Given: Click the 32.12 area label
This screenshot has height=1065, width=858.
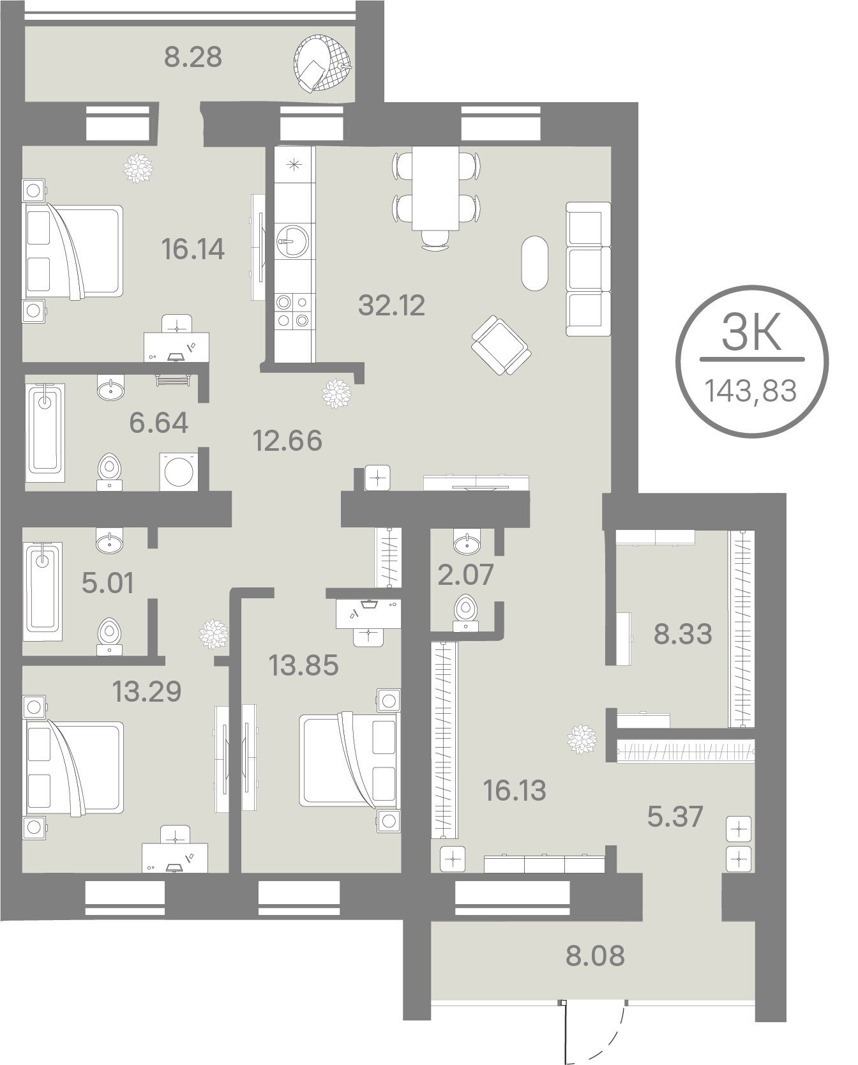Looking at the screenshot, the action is click(391, 305).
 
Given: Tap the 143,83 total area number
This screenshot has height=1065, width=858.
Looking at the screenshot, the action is click(751, 390).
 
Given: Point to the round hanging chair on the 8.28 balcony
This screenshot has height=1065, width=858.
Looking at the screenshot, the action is click(322, 63).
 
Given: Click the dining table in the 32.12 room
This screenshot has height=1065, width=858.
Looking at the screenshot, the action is click(435, 188).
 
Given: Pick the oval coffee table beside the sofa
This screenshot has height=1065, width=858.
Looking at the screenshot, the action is click(534, 263).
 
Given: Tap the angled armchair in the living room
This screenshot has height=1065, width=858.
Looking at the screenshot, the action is click(501, 345).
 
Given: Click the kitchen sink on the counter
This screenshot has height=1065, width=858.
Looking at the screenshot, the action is click(292, 239).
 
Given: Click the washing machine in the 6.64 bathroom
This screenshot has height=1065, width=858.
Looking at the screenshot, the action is click(179, 472).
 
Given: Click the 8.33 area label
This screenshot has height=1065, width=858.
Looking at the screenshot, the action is click(682, 635).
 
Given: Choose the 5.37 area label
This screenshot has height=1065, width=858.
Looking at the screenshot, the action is click(675, 816).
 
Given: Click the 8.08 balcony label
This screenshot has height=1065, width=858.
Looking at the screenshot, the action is click(595, 956).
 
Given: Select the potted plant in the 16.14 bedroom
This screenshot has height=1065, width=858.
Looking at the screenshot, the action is click(138, 168).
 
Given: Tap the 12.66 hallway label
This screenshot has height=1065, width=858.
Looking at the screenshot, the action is click(287, 441).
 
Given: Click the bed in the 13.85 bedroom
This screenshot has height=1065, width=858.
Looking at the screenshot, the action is click(349, 761).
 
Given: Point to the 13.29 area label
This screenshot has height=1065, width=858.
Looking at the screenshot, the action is click(147, 691).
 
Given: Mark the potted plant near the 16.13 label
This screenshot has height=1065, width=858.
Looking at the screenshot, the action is click(583, 739).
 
